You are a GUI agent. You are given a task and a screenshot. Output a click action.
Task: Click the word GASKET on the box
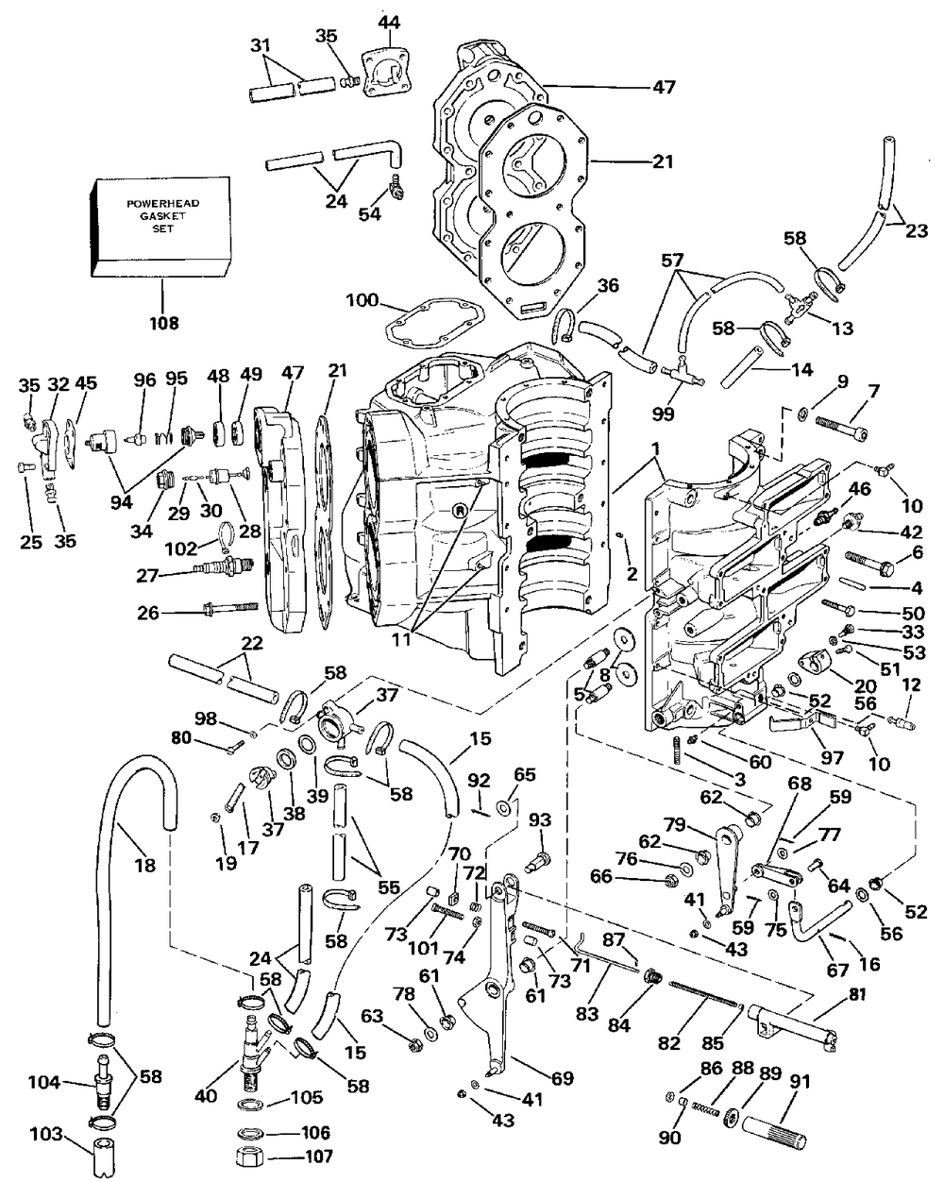tap(159, 216)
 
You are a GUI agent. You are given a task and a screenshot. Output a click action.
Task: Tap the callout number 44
tap(388, 21)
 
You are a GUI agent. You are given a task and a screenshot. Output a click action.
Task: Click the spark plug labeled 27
tap(225, 571)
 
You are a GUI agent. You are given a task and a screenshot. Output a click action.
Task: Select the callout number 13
tap(842, 328)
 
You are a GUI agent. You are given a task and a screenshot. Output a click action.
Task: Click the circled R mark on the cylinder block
tap(459, 512)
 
